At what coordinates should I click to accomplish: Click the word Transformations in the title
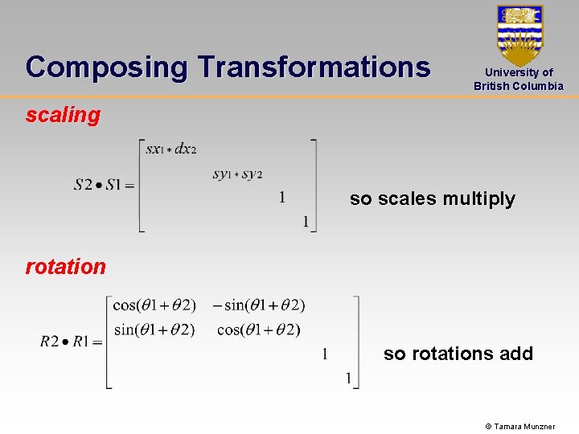point(314,67)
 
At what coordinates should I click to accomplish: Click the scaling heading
point(63,115)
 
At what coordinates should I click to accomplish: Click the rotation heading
point(65,267)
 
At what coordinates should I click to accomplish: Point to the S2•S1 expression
point(103,185)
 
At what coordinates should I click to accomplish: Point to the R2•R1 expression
point(71,342)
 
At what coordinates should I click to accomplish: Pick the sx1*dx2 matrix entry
point(171,149)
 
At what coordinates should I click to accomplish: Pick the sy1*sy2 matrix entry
point(237,174)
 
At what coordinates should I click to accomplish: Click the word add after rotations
point(515,354)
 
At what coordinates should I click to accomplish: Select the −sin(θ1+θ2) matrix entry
point(259,305)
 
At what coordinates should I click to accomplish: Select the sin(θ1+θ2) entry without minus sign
point(154,329)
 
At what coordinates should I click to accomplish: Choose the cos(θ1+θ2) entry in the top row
point(154,305)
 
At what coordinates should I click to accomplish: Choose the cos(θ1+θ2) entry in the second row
point(259,329)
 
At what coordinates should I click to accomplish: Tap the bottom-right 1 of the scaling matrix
point(306,222)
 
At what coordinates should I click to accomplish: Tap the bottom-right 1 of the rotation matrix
point(348,378)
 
